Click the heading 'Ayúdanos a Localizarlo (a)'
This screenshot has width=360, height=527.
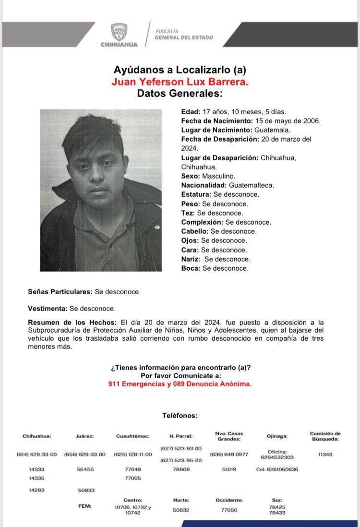tap(180, 70)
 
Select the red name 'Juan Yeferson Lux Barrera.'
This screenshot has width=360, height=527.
tap(180, 82)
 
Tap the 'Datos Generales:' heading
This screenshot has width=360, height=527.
tap(180, 94)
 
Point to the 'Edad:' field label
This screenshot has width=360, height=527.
tap(190, 111)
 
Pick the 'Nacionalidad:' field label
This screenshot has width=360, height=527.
tap(204, 185)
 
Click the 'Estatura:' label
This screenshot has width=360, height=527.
tap(196, 194)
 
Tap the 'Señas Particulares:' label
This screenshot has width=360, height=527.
tap(60, 291)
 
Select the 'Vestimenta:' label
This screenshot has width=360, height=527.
tap(48, 309)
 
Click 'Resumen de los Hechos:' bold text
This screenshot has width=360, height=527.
tap(72, 323)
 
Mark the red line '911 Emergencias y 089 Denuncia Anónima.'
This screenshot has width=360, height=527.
tap(180, 384)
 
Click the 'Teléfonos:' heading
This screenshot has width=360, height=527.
tap(180, 416)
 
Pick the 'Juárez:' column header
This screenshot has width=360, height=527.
tap(84, 436)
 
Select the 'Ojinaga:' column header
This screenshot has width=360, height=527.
tap(277, 436)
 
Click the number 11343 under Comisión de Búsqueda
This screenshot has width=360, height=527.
tap(325, 455)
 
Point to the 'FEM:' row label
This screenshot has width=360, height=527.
tap(84, 506)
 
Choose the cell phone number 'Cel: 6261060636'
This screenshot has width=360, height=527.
tap(277, 469)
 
